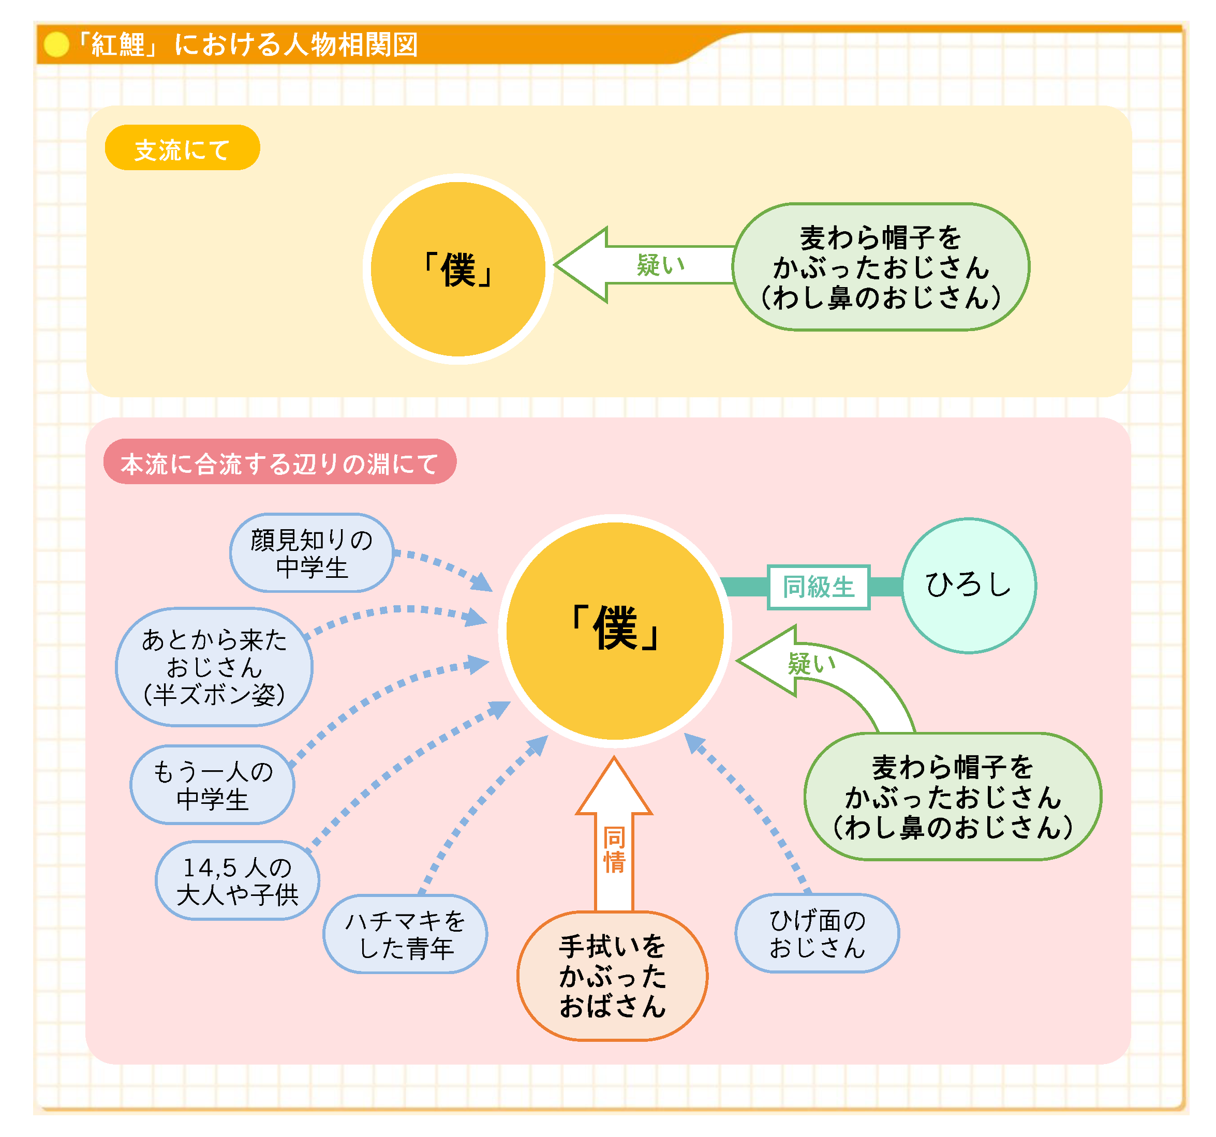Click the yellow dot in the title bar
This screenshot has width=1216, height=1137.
[56, 44]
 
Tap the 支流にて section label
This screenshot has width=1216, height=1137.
[182, 148]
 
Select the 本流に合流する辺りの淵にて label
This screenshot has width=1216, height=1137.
[279, 462]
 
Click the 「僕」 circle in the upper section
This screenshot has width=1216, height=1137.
[457, 269]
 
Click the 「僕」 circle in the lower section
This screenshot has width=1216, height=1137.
[614, 631]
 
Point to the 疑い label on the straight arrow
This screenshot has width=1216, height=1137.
[661, 265]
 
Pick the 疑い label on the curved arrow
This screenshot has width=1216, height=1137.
[811, 663]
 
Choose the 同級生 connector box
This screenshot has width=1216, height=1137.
[819, 587]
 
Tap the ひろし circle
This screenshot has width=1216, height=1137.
[968, 586]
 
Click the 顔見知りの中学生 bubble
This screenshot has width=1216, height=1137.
[312, 553]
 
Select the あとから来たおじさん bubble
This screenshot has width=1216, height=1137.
[214, 667]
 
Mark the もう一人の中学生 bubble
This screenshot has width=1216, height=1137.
[212, 785]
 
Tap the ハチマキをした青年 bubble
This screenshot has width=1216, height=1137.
[405, 934]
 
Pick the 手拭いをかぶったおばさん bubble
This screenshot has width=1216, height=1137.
[612, 976]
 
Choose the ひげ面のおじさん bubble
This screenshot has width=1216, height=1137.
[817, 933]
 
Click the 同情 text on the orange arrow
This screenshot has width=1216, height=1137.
[614, 850]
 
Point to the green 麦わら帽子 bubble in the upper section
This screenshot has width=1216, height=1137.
[881, 267]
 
